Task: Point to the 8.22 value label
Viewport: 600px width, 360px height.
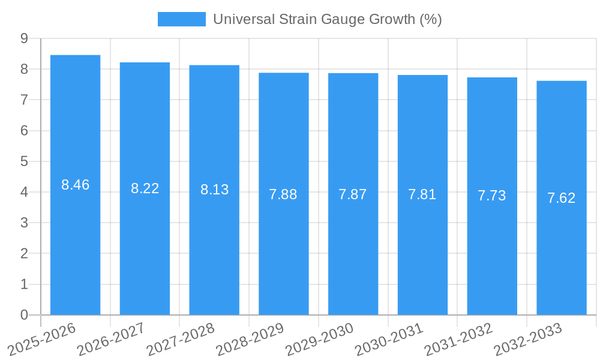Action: (x=145, y=188)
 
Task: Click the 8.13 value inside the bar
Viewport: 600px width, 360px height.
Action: (x=214, y=190)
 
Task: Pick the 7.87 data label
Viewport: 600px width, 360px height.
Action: (x=353, y=194)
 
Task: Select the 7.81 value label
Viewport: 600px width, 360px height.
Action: (x=422, y=194)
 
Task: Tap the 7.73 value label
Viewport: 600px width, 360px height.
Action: (x=492, y=196)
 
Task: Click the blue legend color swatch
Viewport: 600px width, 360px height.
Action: (x=181, y=19)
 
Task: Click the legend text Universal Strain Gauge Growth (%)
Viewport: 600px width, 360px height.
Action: (x=327, y=19)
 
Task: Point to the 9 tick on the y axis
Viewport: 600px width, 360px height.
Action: (x=24, y=38)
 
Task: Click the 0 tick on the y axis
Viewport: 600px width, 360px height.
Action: (x=24, y=315)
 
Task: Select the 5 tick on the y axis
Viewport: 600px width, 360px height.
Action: (x=24, y=161)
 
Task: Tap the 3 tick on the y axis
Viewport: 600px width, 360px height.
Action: (x=24, y=223)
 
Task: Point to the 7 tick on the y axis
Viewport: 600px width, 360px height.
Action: (x=24, y=100)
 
